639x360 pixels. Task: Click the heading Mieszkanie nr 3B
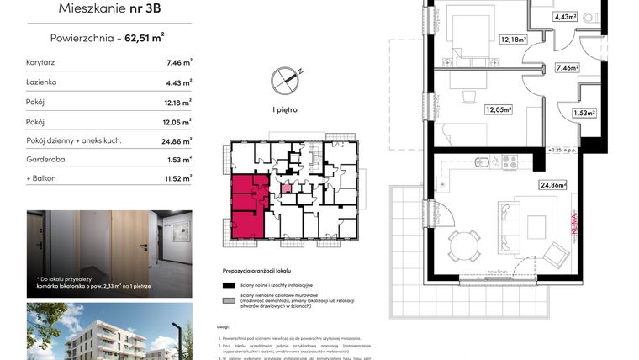(108, 10)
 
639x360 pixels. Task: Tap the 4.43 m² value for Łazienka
(178, 82)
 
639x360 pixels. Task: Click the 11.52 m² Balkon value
(178, 178)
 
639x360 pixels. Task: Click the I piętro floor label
(285, 109)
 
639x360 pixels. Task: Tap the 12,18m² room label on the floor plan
(513, 40)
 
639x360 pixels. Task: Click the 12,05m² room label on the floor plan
(499, 109)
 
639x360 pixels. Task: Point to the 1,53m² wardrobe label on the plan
(584, 113)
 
